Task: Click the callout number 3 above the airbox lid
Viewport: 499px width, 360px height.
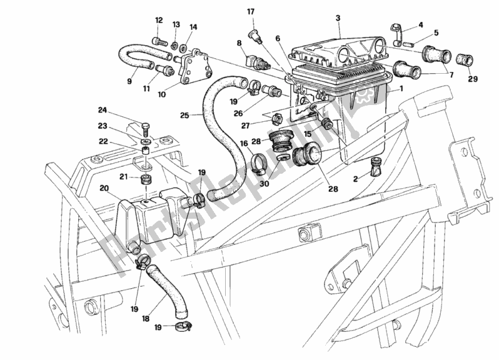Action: point(338,19)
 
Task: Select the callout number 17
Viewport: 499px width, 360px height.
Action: point(251,11)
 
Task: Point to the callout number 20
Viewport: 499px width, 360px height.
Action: point(104,187)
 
